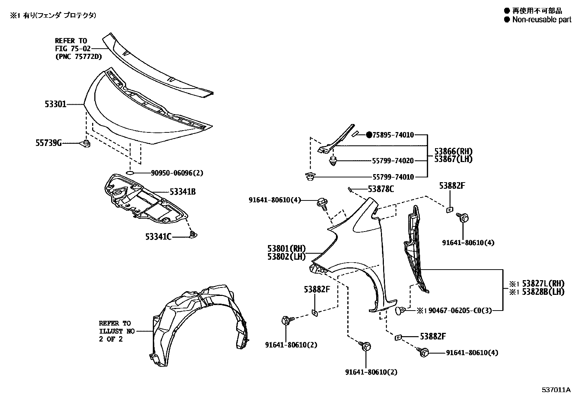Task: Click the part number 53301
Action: click(x=56, y=104)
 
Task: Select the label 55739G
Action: click(x=49, y=143)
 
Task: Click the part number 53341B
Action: click(x=182, y=191)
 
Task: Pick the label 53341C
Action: click(x=158, y=237)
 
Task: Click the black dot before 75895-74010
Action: click(x=369, y=135)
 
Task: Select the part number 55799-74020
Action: click(x=393, y=161)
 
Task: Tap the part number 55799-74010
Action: click(x=393, y=177)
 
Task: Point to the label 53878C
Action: click(x=381, y=189)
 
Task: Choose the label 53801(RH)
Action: click(x=286, y=249)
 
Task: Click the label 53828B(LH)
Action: click(x=543, y=292)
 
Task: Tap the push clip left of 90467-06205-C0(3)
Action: click(x=400, y=311)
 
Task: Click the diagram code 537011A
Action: click(x=556, y=390)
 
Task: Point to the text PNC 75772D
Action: click(x=78, y=56)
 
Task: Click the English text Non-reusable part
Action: click(x=541, y=20)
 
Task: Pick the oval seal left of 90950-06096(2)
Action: click(x=130, y=173)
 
